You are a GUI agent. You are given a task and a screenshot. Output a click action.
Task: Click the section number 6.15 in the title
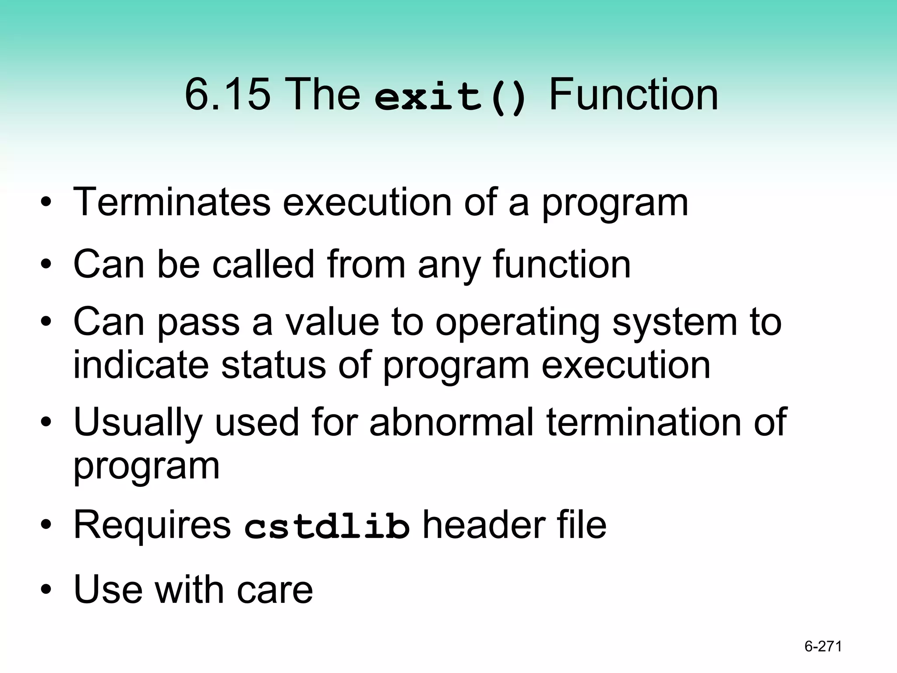click(x=227, y=94)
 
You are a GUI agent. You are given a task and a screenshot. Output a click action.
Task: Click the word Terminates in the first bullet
click(x=172, y=202)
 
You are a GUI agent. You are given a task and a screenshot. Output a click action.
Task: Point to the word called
click(x=263, y=264)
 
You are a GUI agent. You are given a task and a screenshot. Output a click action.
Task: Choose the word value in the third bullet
click(x=332, y=322)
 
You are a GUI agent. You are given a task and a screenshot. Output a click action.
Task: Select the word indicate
click(x=141, y=365)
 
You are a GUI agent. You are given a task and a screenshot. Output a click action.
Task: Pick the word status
click(x=273, y=365)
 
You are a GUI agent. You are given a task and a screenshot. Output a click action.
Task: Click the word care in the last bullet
click(x=275, y=589)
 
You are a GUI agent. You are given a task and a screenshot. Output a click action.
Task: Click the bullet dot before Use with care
click(x=46, y=590)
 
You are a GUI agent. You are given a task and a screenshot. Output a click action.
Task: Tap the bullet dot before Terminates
click(x=46, y=203)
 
